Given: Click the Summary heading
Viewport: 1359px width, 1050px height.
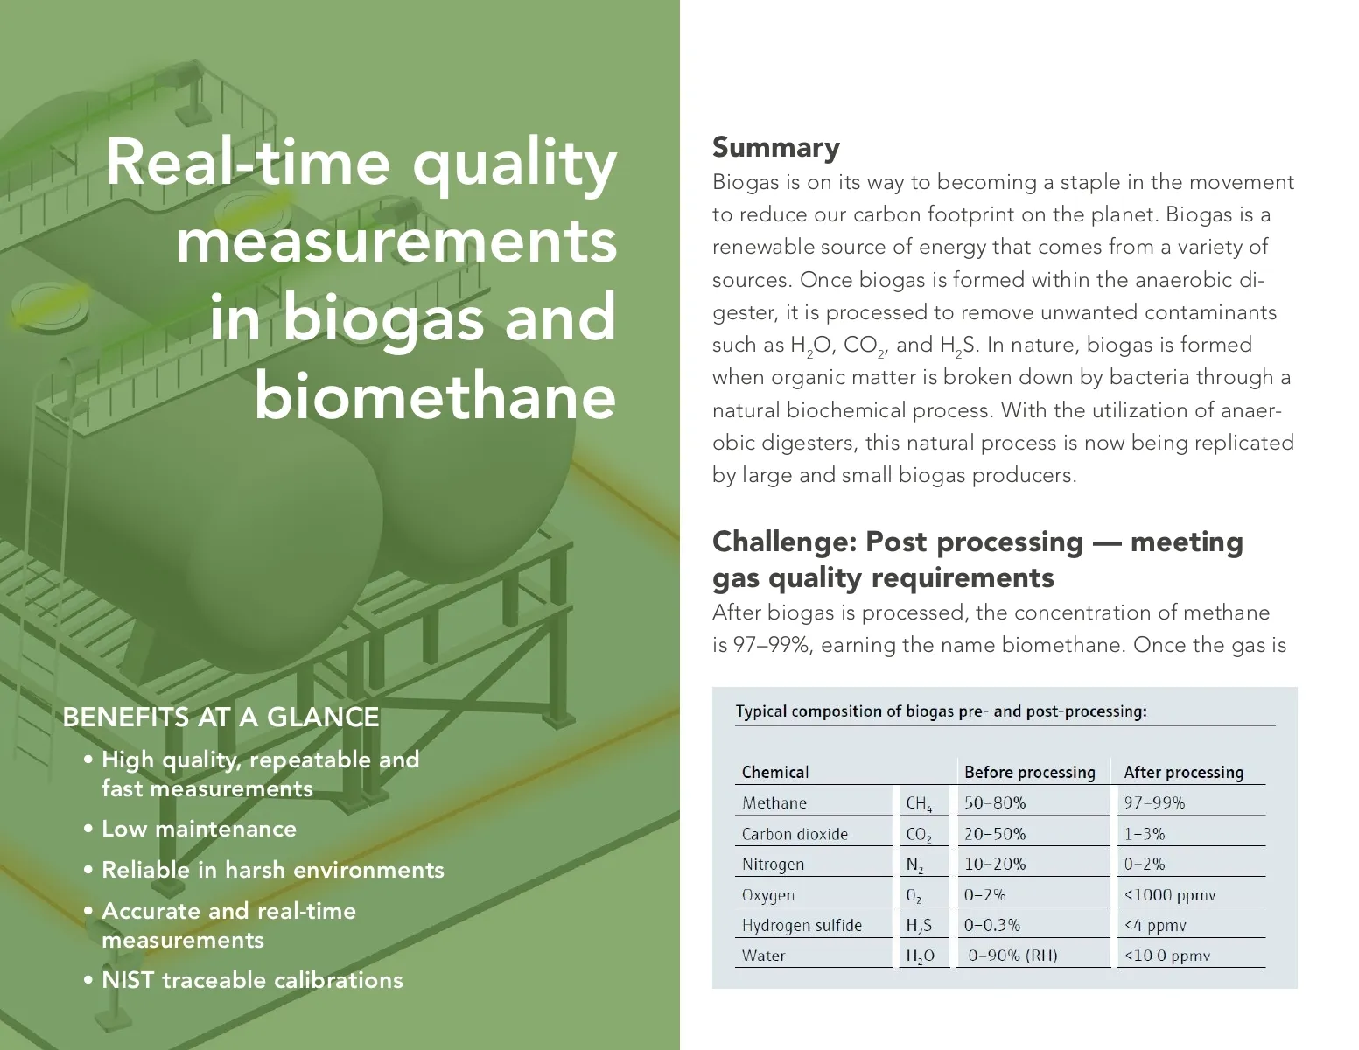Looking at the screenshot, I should click(775, 147).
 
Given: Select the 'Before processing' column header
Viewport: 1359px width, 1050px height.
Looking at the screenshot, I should click(1029, 772).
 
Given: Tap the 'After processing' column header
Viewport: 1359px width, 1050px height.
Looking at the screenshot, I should click(1183, 772).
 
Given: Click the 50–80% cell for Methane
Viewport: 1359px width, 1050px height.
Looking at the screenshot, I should click(995, 802).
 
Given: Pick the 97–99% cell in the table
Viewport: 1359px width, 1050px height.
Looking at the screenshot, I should click(1154, 802).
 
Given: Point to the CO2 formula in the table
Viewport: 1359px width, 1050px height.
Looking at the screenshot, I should click(919, 834).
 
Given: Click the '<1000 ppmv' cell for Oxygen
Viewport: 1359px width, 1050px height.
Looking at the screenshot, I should click(1170, 894).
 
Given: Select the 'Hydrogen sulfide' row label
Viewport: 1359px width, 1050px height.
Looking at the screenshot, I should click(802, 925).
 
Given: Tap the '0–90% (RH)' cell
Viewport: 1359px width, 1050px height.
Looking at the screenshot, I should click(1012, 955).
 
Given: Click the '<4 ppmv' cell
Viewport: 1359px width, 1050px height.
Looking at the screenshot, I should click(1155, 925).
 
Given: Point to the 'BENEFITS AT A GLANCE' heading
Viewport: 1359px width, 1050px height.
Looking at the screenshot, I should click(221, 717).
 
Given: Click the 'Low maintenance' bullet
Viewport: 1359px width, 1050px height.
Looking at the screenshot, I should click(199, 829).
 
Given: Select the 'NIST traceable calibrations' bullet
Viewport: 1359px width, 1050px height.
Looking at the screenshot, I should click(252, 979).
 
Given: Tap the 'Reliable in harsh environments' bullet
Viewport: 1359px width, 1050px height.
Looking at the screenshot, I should click(272, 870).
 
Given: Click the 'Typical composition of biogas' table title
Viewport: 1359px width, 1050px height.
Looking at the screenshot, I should click(941, 710).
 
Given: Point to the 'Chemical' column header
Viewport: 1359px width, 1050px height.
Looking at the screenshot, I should click(775, 772).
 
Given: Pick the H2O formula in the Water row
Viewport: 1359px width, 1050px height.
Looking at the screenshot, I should click(920, 956).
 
